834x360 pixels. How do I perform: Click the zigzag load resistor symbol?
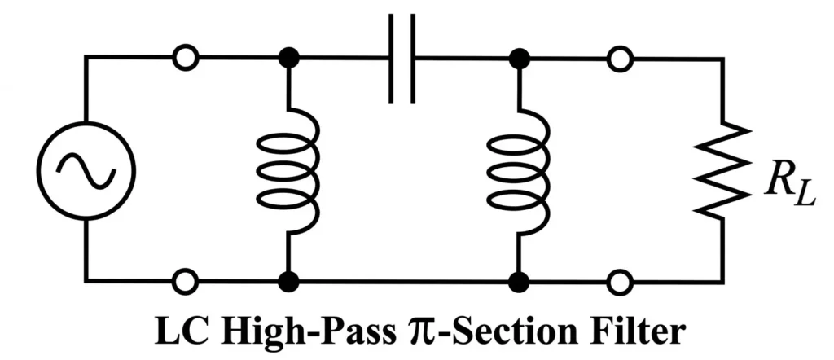[722, 169]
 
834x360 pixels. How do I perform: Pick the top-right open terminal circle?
[621, 58]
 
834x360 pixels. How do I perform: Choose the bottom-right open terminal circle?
[621, 282]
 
